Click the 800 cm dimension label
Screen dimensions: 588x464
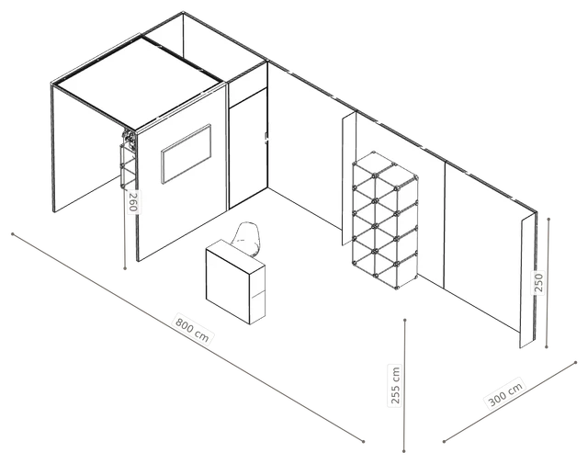coord(192,331)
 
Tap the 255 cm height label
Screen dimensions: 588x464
coord(396,385)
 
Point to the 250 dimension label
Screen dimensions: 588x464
coord(538,282)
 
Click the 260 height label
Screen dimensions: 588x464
coord(132,201)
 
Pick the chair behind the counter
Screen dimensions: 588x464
coord(246,239)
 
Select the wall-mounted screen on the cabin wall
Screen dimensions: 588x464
coord(186,153)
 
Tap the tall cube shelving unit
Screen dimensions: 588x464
coord(385,221)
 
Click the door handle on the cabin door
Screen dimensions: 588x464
coord(266,139)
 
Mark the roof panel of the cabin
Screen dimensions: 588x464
coord(138,82)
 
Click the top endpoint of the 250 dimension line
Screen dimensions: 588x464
coord(548,219)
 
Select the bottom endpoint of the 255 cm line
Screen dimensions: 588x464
coord(404,451)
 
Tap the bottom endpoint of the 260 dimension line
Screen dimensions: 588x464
coord(125,268)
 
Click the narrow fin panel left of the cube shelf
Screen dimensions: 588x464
coord(348,179)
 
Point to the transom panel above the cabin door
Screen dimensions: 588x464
coord(247,84)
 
